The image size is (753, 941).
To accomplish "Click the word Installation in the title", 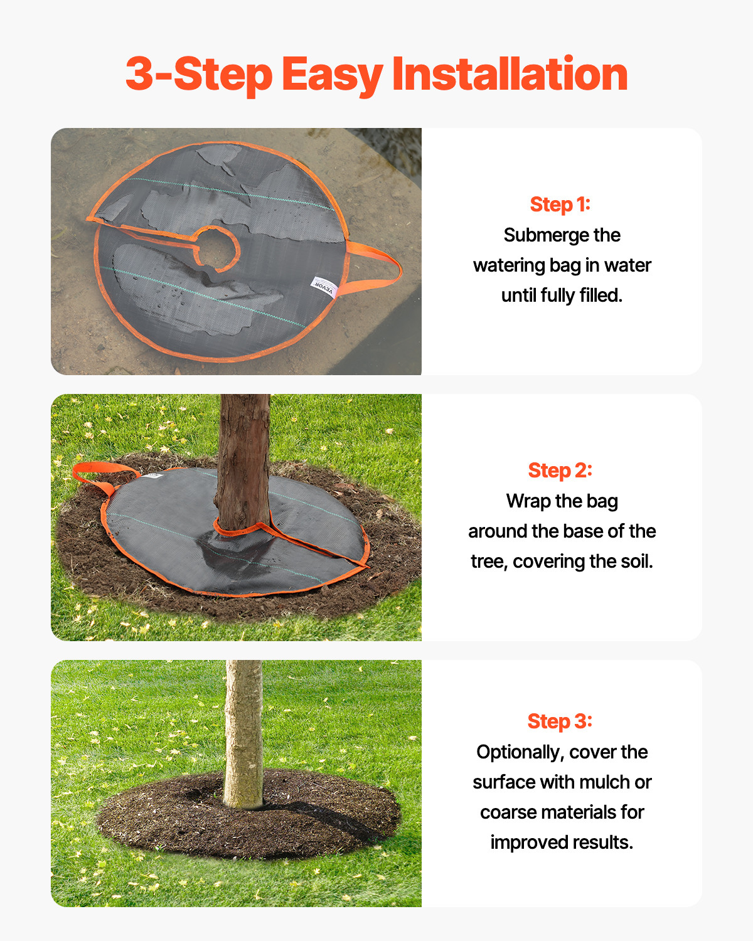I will point(510,74).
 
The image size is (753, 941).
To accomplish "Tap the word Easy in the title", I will point(332,75).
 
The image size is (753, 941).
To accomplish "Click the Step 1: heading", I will point(560,205).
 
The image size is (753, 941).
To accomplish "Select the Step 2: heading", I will point(560,470).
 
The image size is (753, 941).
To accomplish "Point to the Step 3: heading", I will point(560,721).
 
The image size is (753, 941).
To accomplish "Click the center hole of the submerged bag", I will point(218,248).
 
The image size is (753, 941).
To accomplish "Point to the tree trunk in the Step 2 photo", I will point(243,458).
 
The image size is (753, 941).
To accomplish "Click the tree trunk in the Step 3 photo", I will point(243,734).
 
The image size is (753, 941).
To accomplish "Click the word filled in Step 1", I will point(601,295).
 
